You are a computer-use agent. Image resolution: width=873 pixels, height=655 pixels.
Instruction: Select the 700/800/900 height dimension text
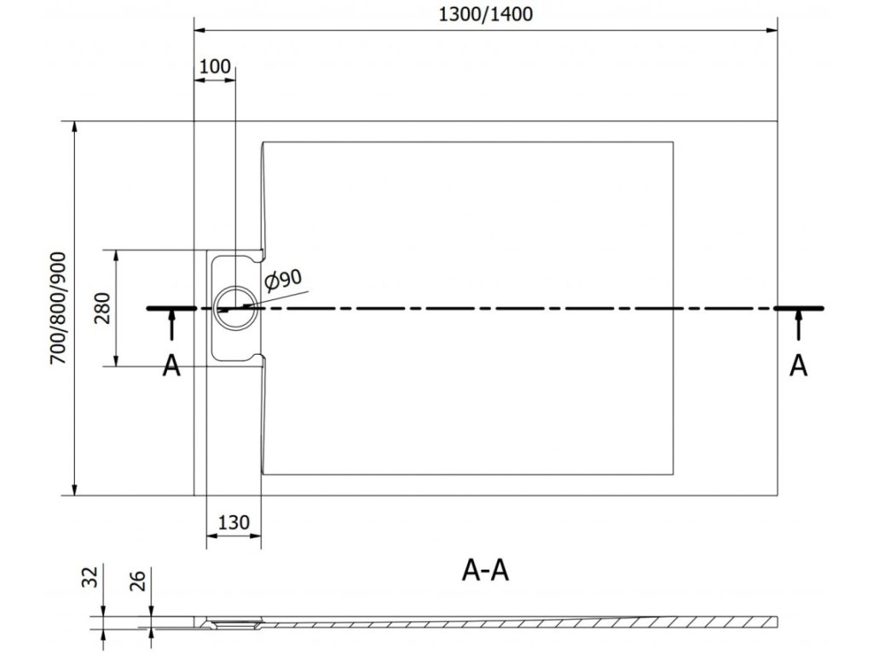[x=58, y=308]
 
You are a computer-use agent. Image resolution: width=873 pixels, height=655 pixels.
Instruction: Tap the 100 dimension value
[x=216, y=67]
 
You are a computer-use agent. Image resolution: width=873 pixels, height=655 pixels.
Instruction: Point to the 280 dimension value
[x=102, y=309]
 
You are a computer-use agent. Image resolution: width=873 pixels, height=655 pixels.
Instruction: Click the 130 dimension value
[x=234, y=523]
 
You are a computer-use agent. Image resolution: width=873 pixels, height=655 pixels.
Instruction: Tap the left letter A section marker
[x=171, y=365]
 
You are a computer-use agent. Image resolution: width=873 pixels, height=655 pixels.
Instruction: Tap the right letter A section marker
[x=799, y=365]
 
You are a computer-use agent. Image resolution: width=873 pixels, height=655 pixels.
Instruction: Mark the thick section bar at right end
[x=799, y=307]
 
